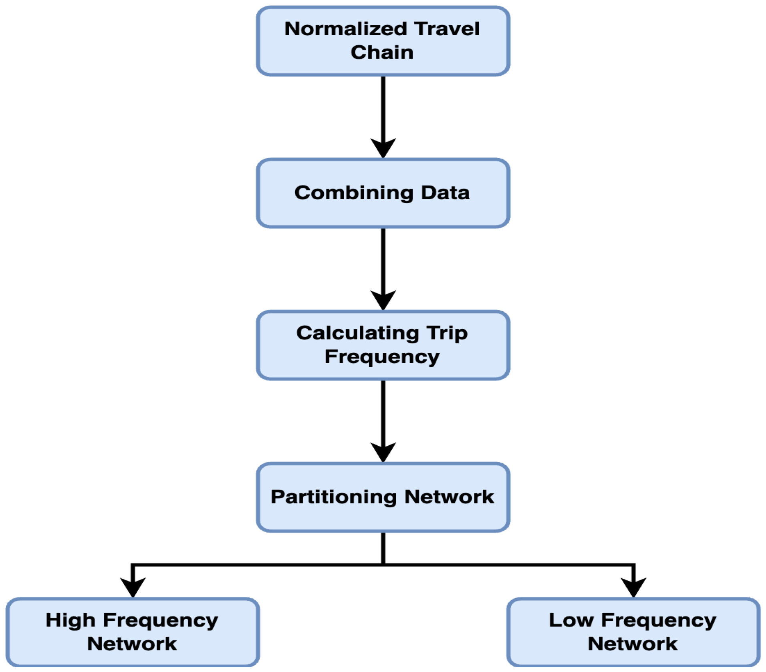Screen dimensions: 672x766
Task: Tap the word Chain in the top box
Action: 382,52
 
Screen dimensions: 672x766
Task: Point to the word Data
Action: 445,193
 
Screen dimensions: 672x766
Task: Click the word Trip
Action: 446,334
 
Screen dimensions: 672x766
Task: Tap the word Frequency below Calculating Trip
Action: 382,357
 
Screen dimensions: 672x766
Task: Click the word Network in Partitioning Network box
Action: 449,497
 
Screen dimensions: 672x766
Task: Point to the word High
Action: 70,620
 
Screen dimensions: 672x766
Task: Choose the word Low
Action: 570,620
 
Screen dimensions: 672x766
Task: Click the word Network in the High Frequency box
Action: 132,644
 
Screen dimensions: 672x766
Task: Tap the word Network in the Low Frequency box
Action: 632,644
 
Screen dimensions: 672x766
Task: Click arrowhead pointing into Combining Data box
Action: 383,148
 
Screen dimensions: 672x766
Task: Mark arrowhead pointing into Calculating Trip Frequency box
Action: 383,300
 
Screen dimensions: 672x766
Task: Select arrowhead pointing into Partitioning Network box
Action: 383,452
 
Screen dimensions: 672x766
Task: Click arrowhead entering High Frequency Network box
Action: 133,587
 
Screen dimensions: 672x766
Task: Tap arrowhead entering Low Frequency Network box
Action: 633,587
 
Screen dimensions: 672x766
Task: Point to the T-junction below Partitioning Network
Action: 383,565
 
